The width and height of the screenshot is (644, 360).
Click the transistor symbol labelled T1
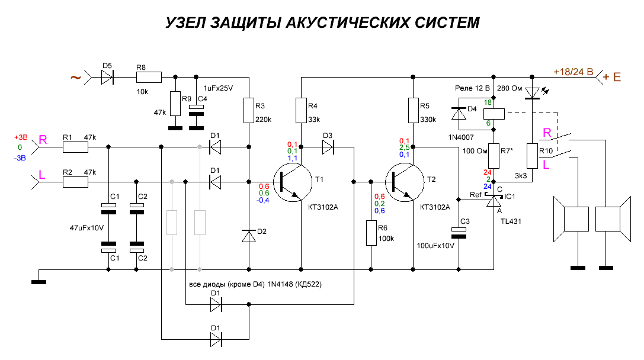(x=293, y=182)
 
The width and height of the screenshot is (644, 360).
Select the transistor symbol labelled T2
(x=405, y=182)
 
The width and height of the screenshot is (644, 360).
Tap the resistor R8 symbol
(x=149, y=77)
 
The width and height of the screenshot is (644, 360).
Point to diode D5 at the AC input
(x=107, y=77)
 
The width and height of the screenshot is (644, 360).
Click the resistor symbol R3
(x=249, y=110)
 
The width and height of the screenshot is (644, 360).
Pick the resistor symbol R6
(x=371, y=233)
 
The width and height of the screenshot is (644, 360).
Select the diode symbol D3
(x=328, y=147)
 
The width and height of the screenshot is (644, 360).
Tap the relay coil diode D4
(x=459, y=113)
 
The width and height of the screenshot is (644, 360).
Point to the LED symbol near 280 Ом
(x=533, y=93)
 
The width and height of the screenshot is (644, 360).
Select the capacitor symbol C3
(x=459, y=233)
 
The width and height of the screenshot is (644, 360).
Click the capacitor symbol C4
(x=196, y=110)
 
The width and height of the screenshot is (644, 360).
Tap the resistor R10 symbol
(x=532, y=156)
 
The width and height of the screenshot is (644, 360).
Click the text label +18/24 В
(x=573, y=72)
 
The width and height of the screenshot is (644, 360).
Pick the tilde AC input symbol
(x=76, y=77)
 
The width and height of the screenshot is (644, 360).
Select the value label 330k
(x=428, y=120)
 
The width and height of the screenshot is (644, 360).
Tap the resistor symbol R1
(x=76, y=147)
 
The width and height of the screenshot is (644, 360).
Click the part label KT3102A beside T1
(x=323, y=207)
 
